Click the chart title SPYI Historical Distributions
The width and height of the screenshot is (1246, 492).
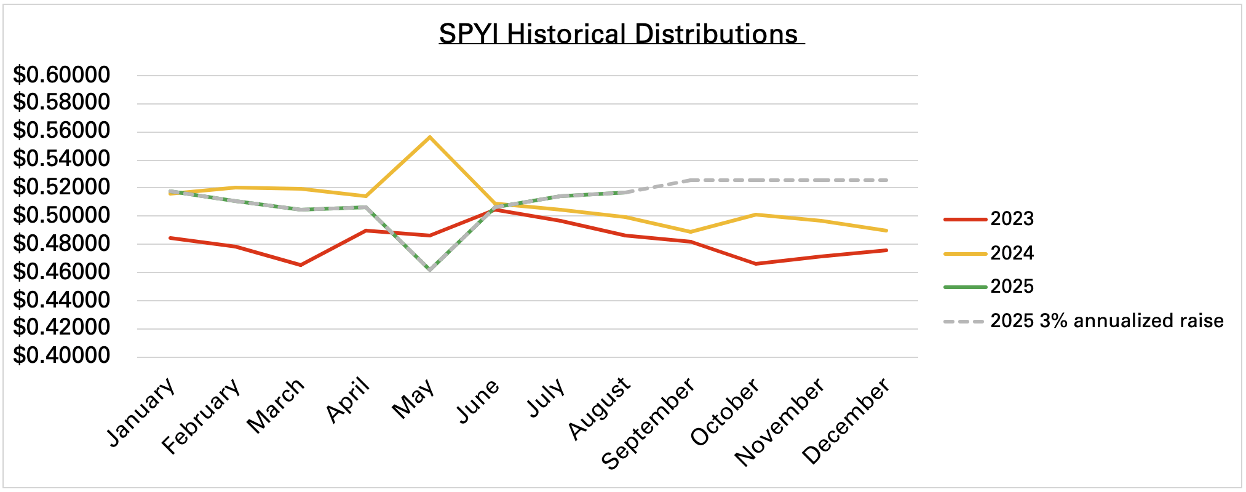coord(621,34)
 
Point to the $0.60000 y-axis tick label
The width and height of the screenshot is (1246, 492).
coord(62,75)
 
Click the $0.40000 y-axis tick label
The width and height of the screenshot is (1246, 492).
coord(62,355)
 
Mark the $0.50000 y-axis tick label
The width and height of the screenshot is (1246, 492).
coord(62,215)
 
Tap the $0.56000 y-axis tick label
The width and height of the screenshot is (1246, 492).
coord(62,131)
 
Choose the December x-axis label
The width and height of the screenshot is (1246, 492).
coord(846,421)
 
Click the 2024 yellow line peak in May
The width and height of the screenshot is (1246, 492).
coord(430,137)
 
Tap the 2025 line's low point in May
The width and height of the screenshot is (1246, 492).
coord(430,270)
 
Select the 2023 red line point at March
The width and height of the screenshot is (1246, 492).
coord(300,265)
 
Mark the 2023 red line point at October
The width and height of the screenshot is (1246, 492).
coord(755,264)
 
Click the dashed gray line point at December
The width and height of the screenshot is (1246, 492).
coord(886,180)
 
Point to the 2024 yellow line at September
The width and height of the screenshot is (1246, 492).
coord(691,232)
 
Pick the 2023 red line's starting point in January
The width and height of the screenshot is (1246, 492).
coord(170,237)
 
